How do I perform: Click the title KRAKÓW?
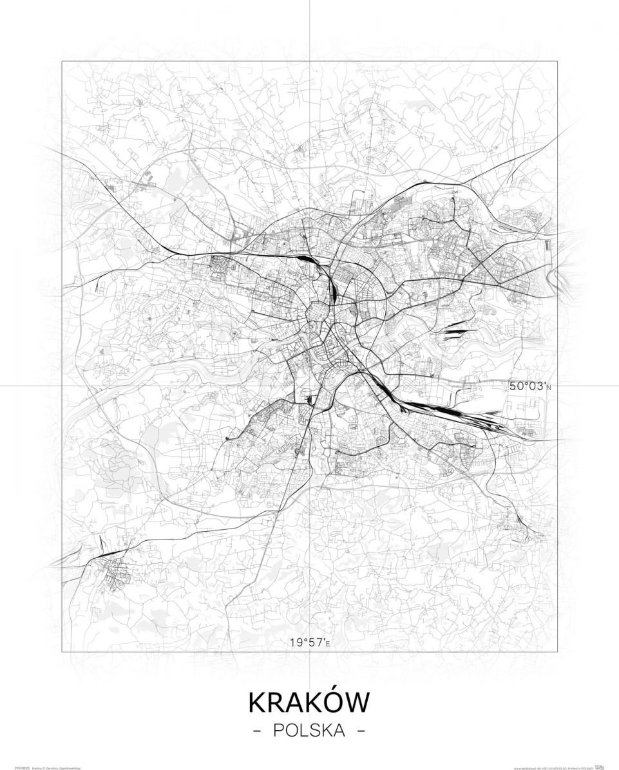coord(309,702)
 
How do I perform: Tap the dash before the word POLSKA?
coord(258,731)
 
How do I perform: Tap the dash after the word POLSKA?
coord(361,731)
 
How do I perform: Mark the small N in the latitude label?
coord(550,387)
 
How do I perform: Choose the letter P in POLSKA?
coord(278,731)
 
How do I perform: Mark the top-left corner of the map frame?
coord(62,61)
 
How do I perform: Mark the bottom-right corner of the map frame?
coord(558,652)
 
